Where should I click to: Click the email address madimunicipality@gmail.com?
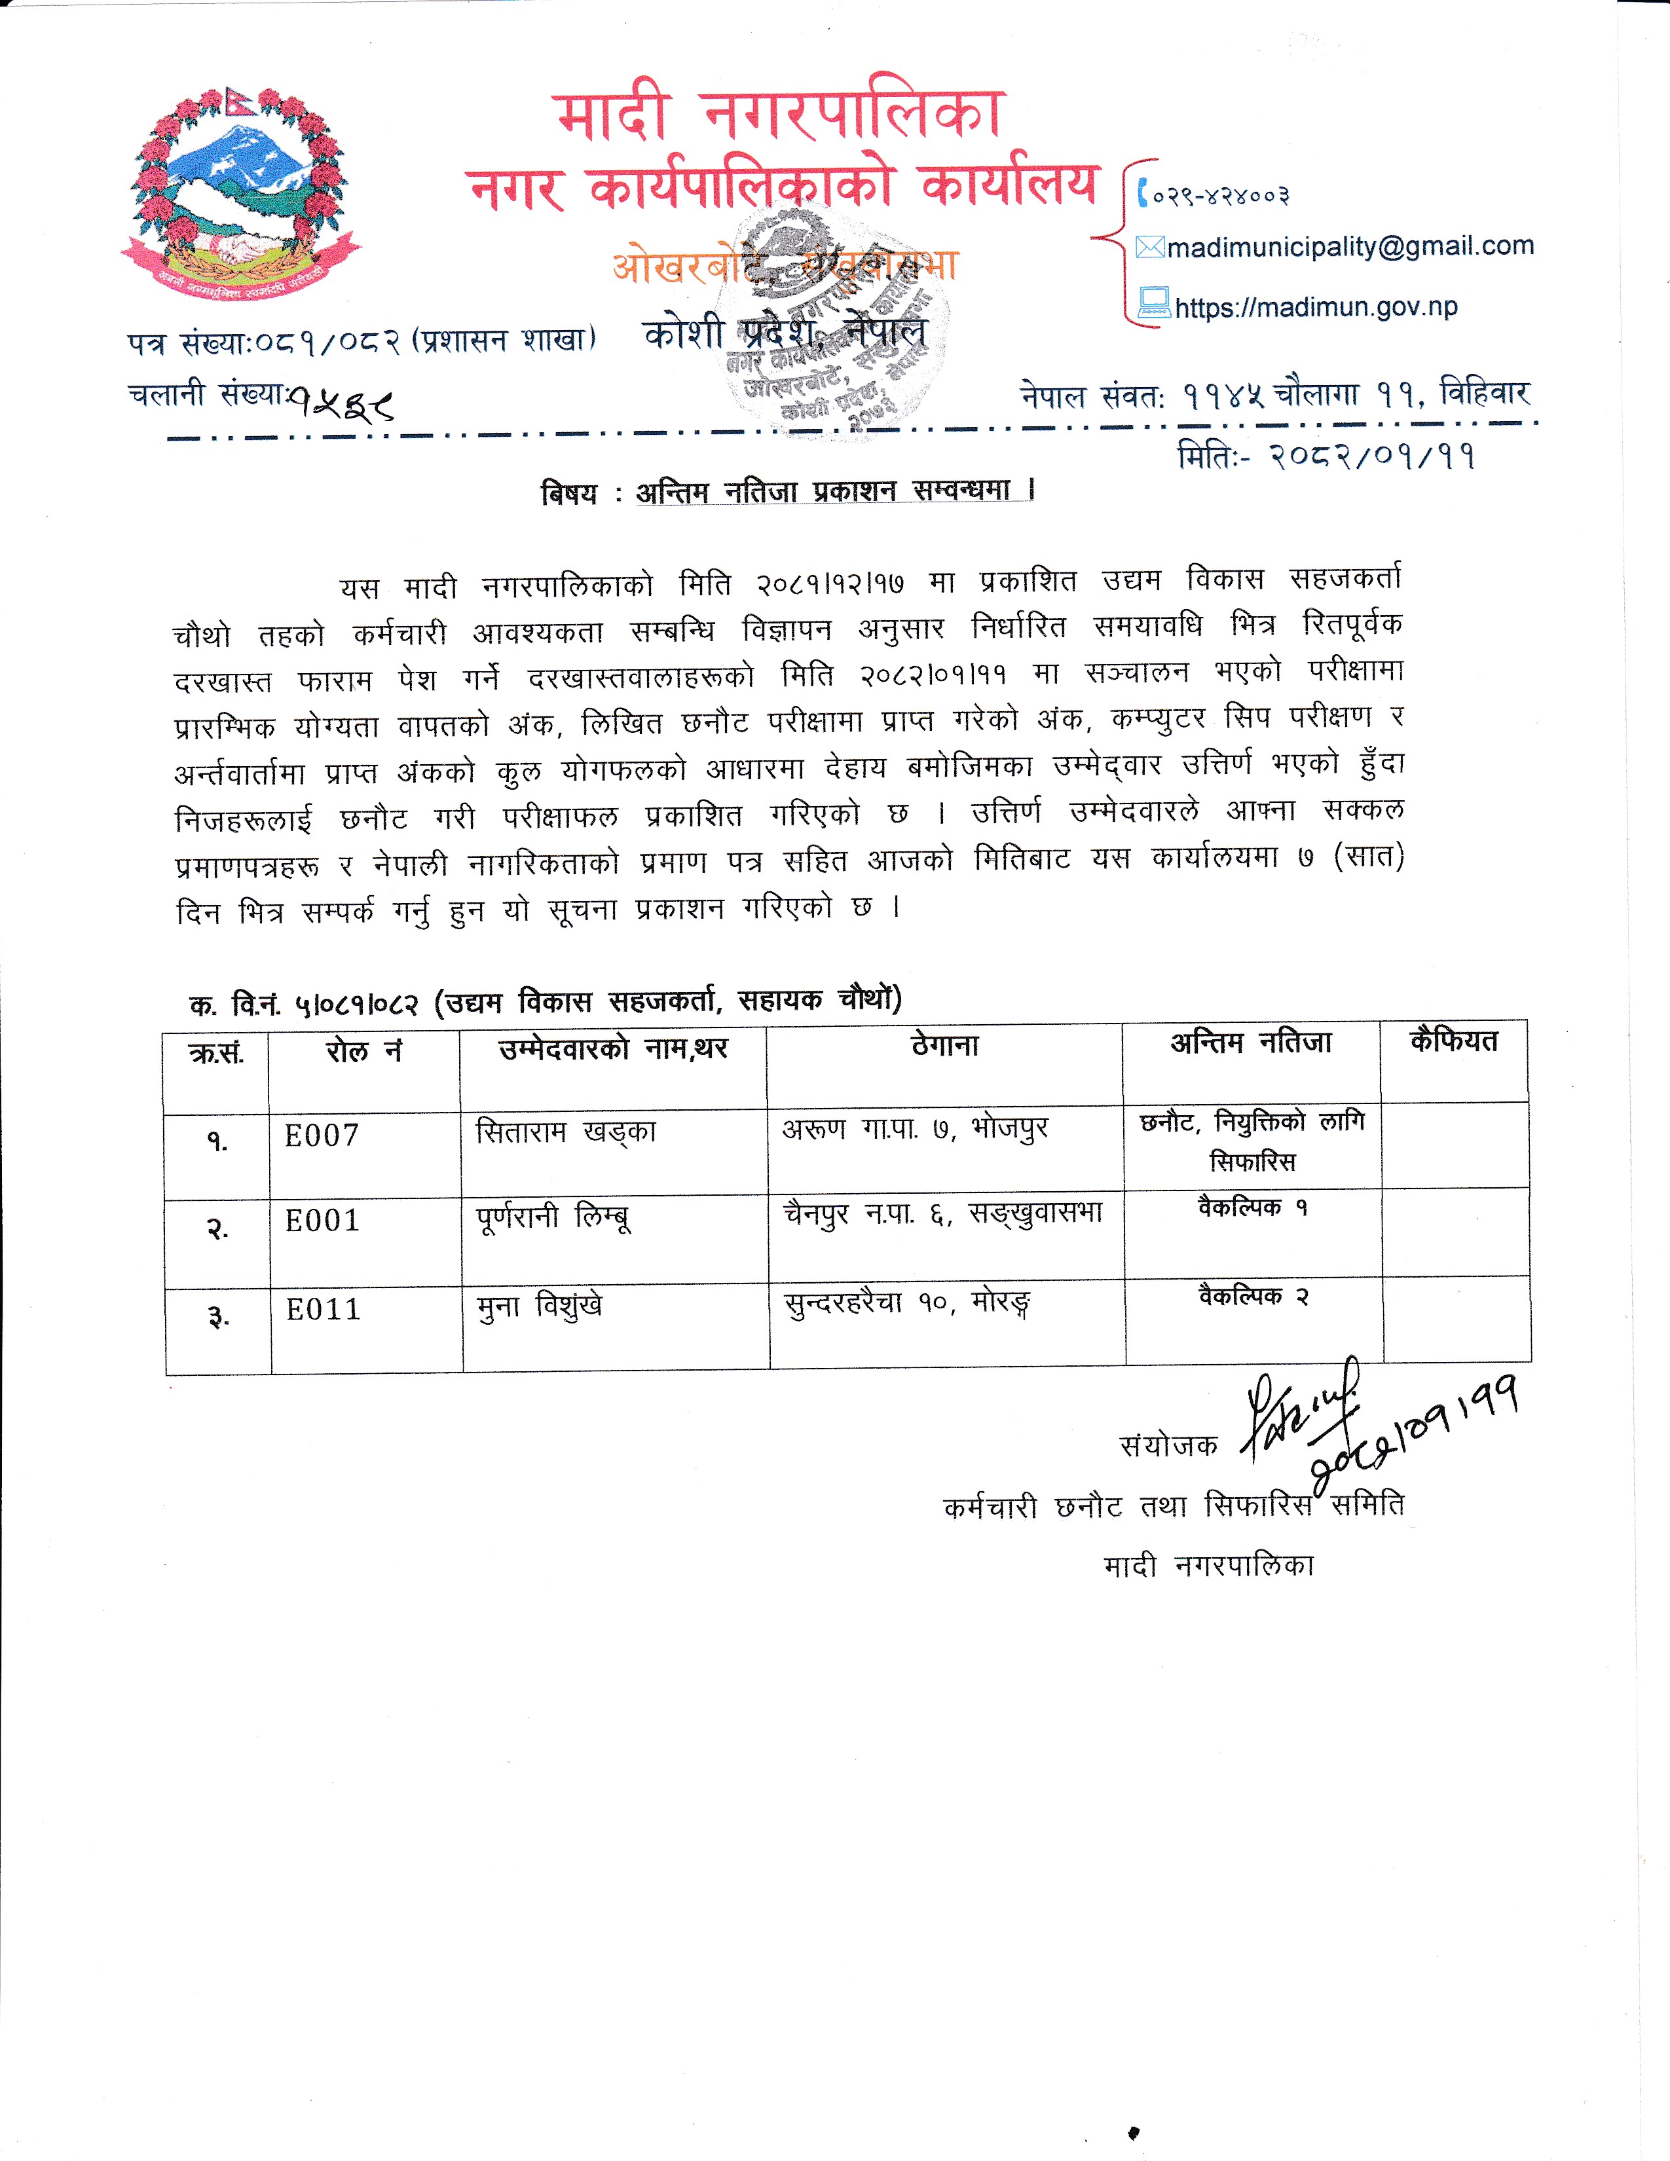point(1350,246)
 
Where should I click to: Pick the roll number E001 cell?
point(322,1221)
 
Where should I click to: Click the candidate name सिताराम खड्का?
point(565,1132)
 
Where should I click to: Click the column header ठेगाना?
point(945,1046)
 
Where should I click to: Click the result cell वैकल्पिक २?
point(1253,1296)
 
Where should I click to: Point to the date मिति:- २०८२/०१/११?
point(1326,456)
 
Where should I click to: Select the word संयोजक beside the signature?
point(1168,1446)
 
